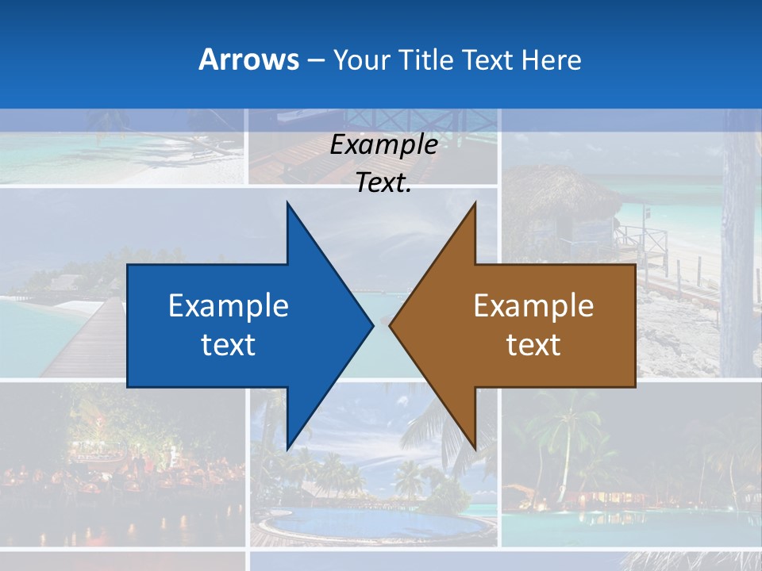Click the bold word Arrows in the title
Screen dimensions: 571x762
click(x=248, y=59)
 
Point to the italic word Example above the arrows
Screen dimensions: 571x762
click(x=383, y=145)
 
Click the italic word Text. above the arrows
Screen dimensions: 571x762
click(x=383, y=183)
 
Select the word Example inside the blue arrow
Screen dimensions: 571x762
click(x=229, y=305)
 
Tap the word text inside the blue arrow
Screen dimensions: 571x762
click(x=229, y=344)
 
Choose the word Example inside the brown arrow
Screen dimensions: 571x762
click(x=533, y=305)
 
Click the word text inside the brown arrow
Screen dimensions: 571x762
click(x=533, y=344)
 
